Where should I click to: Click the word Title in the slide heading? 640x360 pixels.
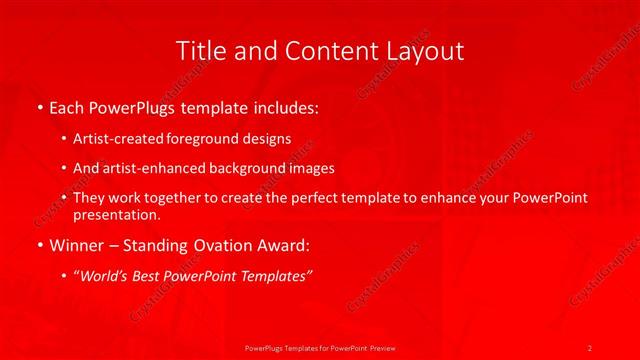pos(200,50)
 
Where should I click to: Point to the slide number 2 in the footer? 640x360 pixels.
pos(590,347)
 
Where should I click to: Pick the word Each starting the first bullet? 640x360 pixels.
pos(68,105)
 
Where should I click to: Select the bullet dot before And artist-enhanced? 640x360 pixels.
pos(64,168)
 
